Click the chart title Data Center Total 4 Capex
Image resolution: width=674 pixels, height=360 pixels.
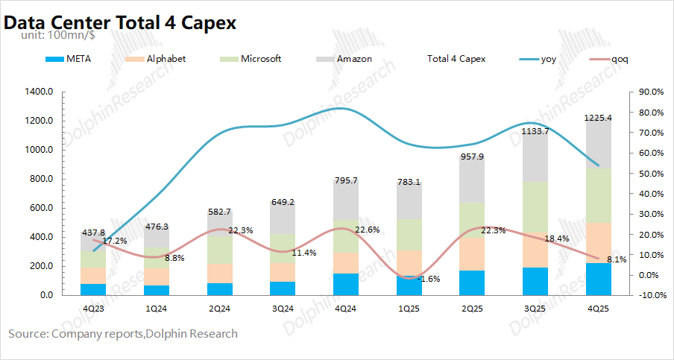click(120, 22)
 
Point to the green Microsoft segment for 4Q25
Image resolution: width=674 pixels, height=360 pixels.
click(598, 195)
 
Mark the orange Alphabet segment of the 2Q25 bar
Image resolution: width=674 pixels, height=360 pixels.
click(472, 254)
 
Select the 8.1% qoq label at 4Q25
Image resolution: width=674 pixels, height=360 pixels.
click(616, 259)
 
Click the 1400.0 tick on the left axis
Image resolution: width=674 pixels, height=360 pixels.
click(40, 92)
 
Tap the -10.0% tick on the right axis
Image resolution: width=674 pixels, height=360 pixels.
click(646, 295)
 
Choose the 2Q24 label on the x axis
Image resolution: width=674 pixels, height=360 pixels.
click(219, 307)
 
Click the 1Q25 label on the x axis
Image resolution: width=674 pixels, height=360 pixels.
click(409, 307)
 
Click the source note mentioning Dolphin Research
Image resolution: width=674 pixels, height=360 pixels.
click(123, 334)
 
